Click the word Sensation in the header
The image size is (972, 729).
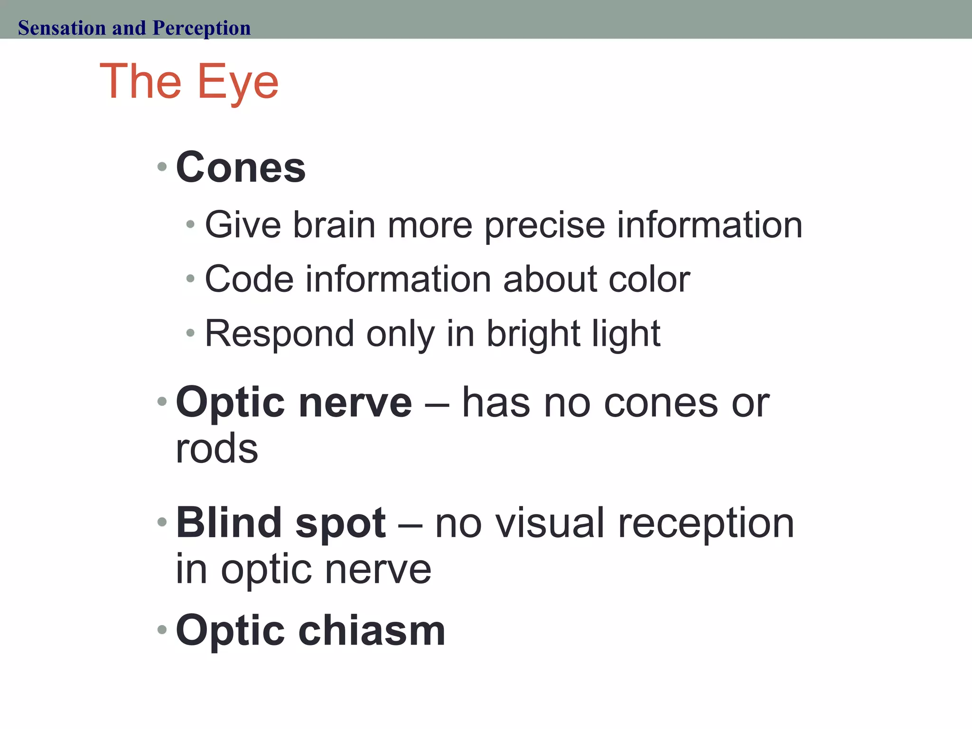point(62,28)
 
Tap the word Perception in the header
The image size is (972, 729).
point(201,28)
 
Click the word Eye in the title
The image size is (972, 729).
point(237,83)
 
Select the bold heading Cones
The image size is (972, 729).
point(241,168)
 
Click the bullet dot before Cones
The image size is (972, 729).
point(162,167)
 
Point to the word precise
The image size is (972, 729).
point(544,225)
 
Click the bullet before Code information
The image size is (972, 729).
point(191,279)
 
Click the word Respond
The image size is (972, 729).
point(280,334)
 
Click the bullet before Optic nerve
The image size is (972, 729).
point(162,402)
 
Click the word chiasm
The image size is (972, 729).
point(372,631)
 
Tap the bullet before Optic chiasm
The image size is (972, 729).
point(162,630)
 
